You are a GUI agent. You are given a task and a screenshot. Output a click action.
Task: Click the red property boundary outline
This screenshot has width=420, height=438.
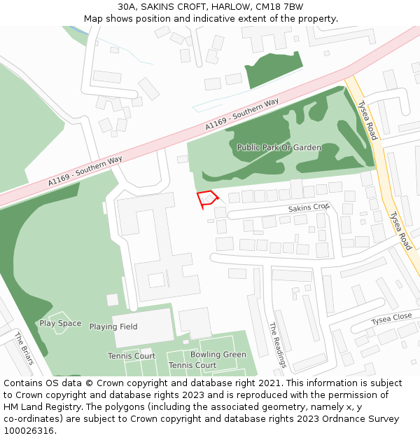[x=207, y=199]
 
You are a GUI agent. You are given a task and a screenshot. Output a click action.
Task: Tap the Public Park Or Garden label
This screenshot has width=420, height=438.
[x=279, y=148]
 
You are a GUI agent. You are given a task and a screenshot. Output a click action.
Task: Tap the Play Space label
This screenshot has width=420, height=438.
[x=60, y=324]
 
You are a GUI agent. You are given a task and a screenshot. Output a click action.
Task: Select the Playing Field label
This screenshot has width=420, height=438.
[x=113, y=327]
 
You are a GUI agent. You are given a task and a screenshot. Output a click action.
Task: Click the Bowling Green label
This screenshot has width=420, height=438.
[x=218, y=355]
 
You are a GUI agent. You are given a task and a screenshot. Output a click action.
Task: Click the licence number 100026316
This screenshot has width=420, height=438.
[x=28, y=431]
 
